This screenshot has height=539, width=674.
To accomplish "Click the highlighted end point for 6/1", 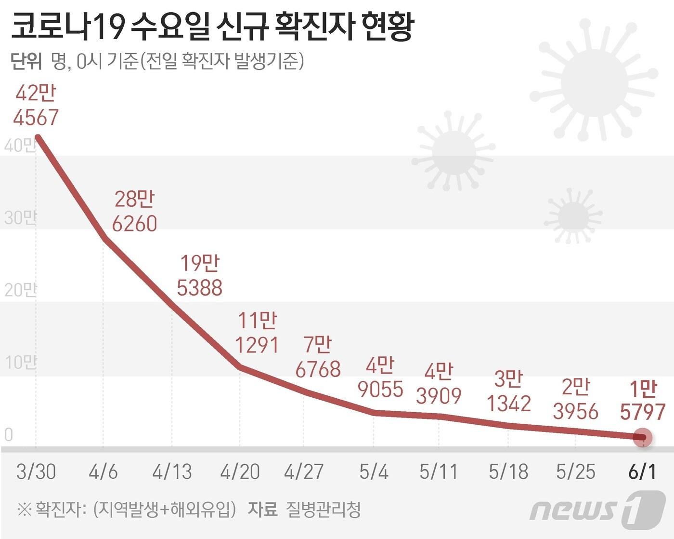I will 643,437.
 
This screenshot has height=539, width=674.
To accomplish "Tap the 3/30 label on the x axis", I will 36,472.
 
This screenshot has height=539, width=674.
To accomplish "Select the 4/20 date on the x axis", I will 240,472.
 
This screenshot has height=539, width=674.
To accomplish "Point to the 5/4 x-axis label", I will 374,472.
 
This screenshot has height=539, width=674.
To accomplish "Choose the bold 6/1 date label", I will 642,472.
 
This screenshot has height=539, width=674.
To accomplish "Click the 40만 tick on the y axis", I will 19,145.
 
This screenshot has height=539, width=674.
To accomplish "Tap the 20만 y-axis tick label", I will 19,290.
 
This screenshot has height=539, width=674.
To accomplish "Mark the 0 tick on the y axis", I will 8,435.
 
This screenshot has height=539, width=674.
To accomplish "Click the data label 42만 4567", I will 36,105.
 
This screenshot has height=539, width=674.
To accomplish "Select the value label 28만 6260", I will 135,211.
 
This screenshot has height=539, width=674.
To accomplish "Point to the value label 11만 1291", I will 257,333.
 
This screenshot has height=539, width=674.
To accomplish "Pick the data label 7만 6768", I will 318,357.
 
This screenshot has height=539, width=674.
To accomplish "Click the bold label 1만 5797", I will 643,400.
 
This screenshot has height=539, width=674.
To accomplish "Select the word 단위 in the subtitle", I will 26,62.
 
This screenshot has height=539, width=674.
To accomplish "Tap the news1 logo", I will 597,509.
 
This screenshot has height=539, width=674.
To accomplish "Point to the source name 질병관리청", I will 323,509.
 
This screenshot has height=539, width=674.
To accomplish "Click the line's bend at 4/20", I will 240,367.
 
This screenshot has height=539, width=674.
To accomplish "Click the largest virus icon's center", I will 594,83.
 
